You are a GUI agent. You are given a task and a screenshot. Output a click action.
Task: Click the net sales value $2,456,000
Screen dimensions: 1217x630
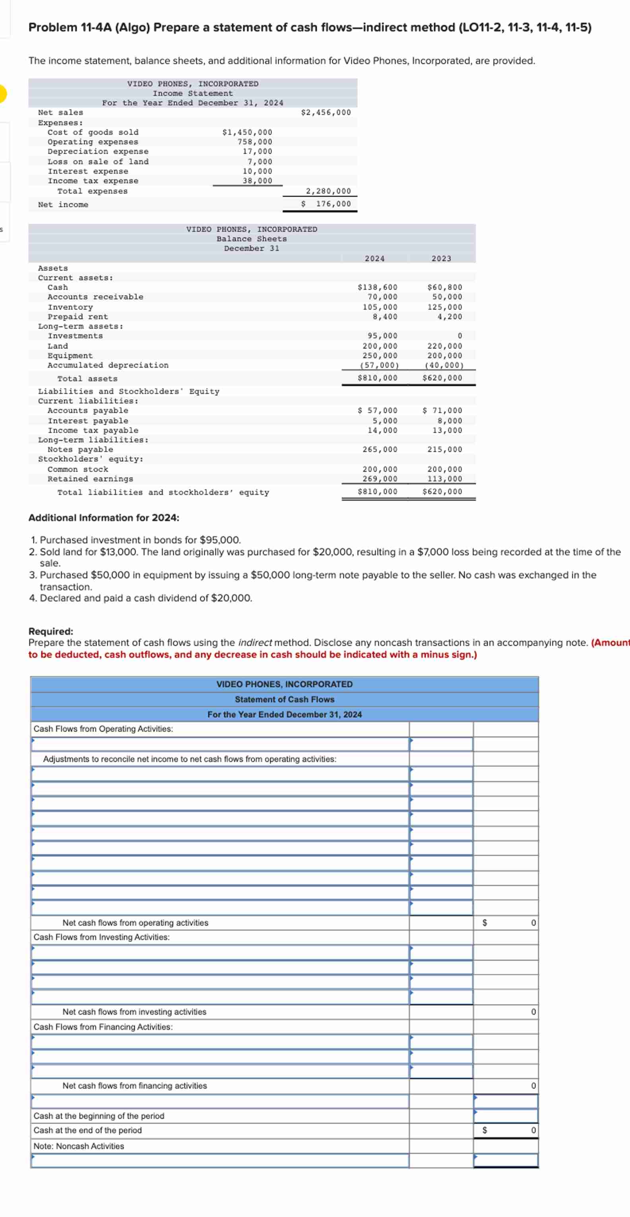point(326,112)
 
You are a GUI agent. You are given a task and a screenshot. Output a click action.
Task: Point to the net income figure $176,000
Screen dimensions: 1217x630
point(327,203)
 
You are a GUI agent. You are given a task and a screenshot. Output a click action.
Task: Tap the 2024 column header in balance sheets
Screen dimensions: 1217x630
point(374,258)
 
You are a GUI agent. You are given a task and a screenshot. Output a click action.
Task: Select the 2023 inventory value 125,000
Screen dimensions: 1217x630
point(445,307)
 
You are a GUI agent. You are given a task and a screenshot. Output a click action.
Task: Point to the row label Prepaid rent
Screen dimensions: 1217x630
point(78,316)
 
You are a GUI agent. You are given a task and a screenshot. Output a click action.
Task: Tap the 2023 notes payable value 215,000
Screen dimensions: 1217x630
point(445,449)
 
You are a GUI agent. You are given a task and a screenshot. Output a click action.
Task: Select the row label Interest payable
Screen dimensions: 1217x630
point(87,421)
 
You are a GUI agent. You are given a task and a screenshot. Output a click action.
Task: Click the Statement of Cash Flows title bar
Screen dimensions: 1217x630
point(284,699)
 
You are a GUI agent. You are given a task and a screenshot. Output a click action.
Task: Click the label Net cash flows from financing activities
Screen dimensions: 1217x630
point(134,1086)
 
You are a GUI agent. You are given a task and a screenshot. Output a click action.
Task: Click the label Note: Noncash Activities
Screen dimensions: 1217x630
point(78,1146)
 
